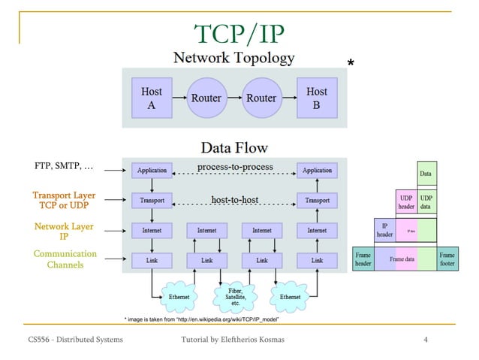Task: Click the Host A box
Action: tap(151, 98)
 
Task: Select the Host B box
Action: tap(316, 98)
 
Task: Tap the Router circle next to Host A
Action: tap(206, 98)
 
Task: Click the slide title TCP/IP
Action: tap(239, 33)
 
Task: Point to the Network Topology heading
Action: tap(234, 58)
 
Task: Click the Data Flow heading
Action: tap(233, 148)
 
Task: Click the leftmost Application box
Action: tap(152, 171)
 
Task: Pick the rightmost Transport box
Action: tap(316, 201)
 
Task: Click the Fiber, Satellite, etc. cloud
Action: tap(234, 295)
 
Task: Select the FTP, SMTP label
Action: tap(64, 165)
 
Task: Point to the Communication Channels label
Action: tap(65, 259)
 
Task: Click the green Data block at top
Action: tap(426, 174)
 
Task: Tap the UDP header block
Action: tap(405, 201)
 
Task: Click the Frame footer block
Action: tap(447, 259)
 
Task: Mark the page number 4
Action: tap(426, 340)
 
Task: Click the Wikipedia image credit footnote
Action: tap(202, 319)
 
